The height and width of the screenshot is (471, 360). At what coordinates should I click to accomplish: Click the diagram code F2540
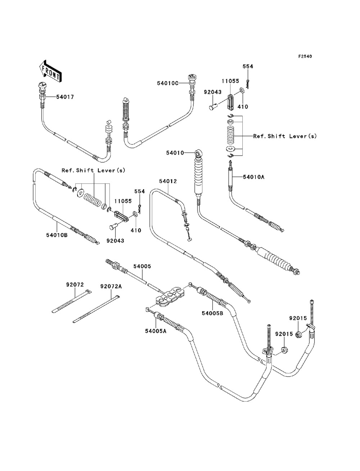(x=305, y=56)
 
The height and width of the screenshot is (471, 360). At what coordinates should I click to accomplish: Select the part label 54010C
(x=167, y=83)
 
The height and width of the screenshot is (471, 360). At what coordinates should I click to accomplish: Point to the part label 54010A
(x=253, y=177)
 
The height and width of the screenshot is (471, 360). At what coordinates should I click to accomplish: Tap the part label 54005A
(x=155, y=331)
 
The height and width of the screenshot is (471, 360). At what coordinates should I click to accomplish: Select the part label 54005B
(x=213, y=313)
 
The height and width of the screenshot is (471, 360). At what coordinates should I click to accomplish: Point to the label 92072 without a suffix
(x=75, y=284)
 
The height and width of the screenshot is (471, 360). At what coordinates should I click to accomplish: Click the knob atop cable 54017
(x=42, y=86)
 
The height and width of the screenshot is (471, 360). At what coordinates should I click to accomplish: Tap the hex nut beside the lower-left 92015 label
(x=283, y=349)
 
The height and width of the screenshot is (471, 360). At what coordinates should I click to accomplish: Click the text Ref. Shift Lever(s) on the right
(x=285, y=136)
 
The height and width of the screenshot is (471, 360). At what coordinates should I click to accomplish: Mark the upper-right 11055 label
(x=230, y=81)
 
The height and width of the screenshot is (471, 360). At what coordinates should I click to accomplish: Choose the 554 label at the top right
(x=248, y=67)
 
